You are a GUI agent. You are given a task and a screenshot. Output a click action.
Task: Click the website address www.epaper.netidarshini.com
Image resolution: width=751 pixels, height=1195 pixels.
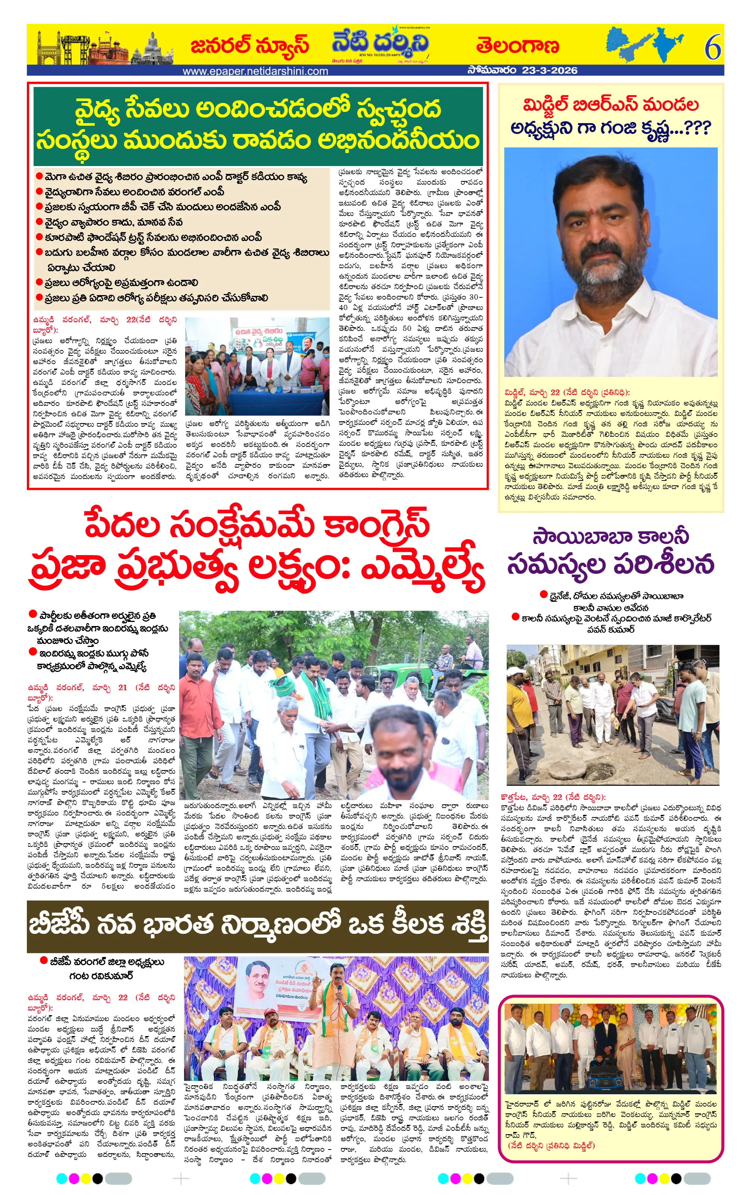[x=255, y=71]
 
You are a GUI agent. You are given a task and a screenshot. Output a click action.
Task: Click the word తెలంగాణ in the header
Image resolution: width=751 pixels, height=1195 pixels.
[x=518, y=46]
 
